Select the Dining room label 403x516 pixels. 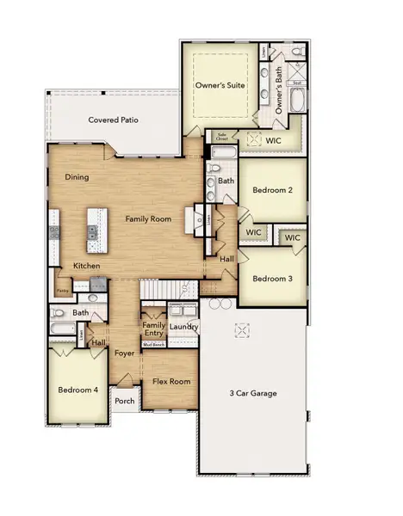pos(77,177)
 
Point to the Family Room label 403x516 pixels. pos(148,219)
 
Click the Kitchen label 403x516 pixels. pos(86,266)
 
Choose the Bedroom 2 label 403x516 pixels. pos(273,190)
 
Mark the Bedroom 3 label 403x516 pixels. pos(273,279)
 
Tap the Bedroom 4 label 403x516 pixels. pos(77,390)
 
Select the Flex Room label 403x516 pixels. pos(171,381)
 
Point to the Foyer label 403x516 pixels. pos(124,353)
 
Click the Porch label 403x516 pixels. pos(125,401)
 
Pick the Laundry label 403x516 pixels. pos(183,327)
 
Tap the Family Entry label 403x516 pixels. pos(154,329)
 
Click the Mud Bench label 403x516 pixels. pos(153,344)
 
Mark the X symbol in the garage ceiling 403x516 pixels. pos(243,329)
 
